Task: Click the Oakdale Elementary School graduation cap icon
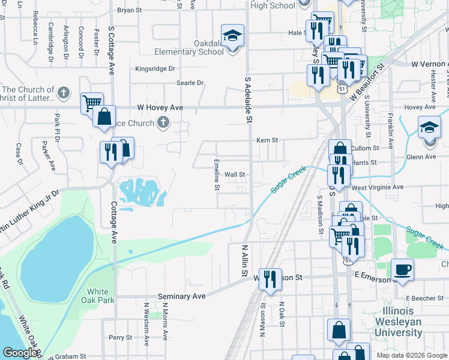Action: pyautogui.click(x=232, y=35)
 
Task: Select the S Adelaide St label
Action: pyautogui.click(x=248, y=100)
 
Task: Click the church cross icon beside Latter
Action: pyautogui.click(x=65, y=94)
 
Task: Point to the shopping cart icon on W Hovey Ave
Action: pyautogui.click(x=91, y=103)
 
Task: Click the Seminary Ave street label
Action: pyautogui.click(x=181, y=296)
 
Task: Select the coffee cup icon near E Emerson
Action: pyautogui.click(x=402, y=269)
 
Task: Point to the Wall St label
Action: pyautogui.click(x=235, y=175)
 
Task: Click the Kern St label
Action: pyautogui.click(x=268, y=140)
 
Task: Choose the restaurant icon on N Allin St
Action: pyautogui.click(x=270, y=278)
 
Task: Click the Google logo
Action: pyautogui.click(x=20, y=353)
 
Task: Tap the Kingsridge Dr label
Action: pyautogui.click(x=155, y=69)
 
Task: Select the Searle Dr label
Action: pyautogui.click(x=190, y=83)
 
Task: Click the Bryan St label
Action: pyautogui.click(x=129, y=10)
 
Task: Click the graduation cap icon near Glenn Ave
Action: pyautogui.click(x=429, y=128)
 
